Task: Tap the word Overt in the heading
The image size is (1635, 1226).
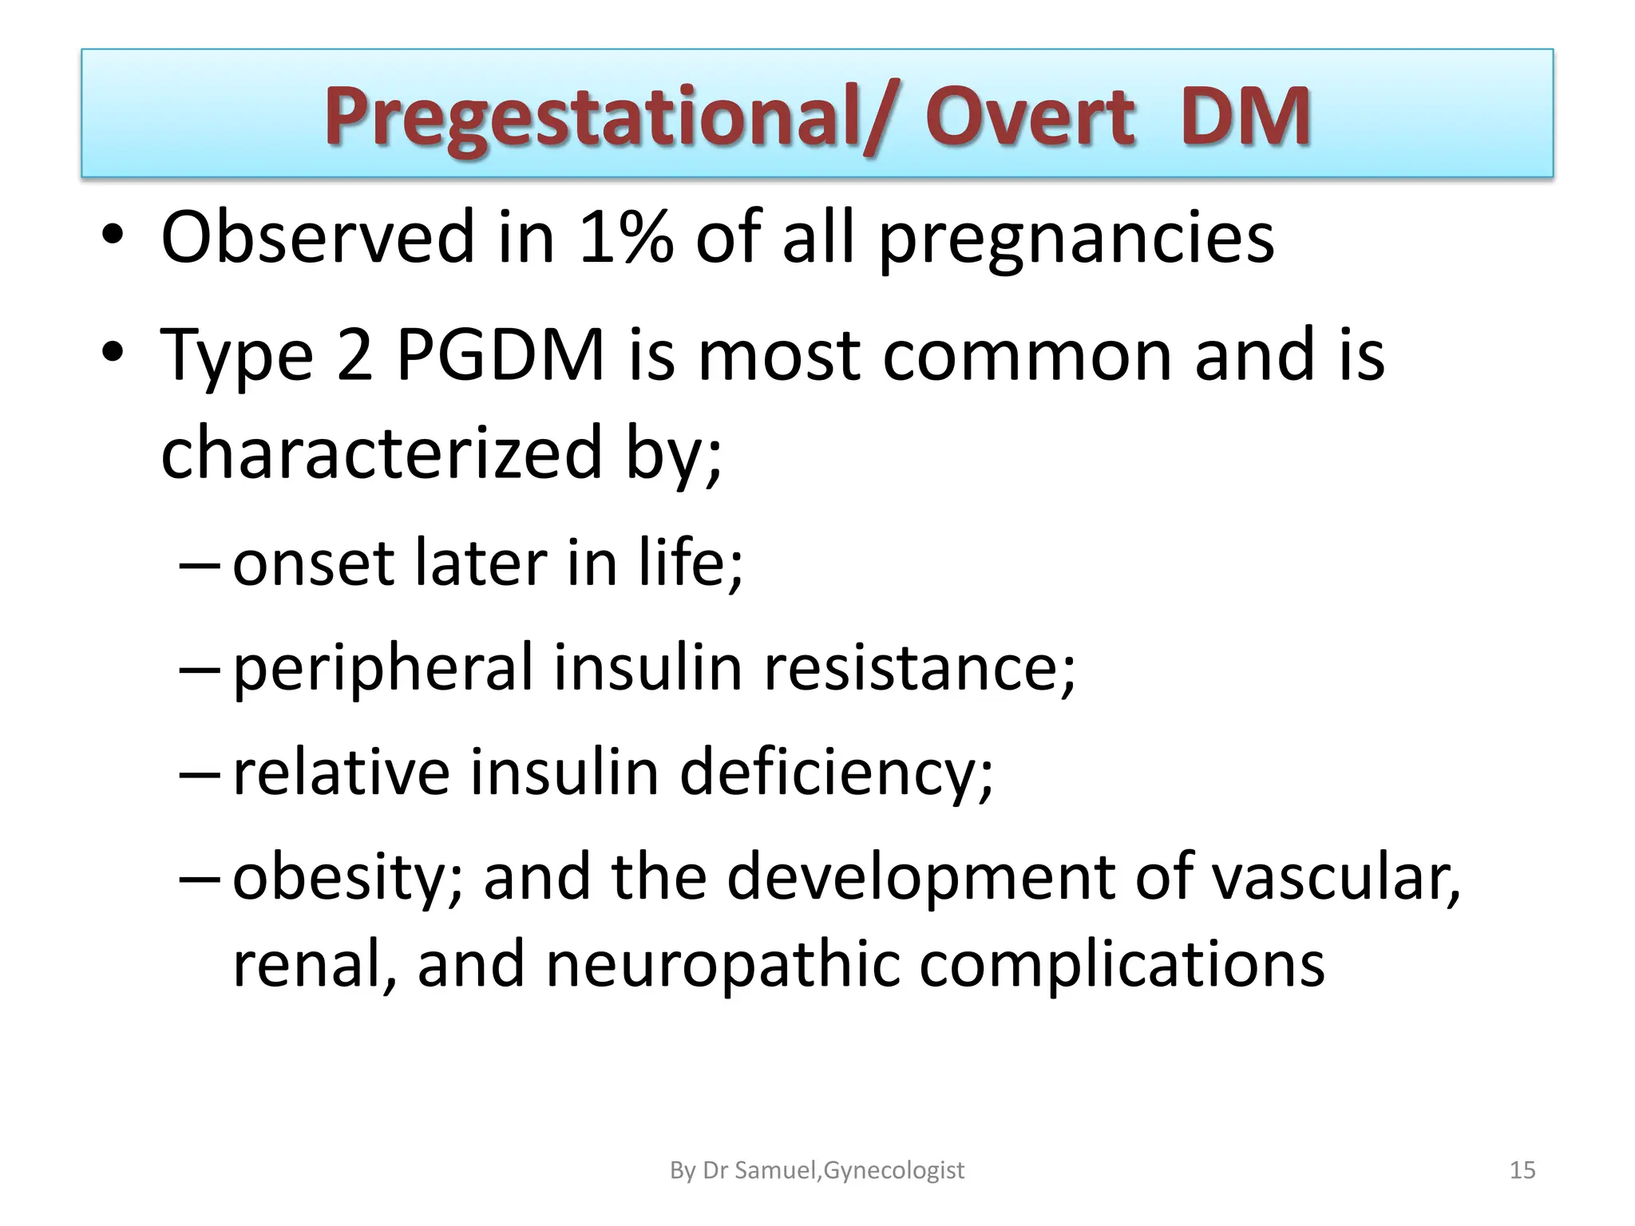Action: pos(1030,118)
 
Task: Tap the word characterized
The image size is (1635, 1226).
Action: pos(382,453)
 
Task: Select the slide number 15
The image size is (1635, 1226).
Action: pos(1522,1170)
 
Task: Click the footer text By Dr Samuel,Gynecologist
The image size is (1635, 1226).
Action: pos(817,1170)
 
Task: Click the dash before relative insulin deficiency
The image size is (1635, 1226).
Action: pos(198,773)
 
